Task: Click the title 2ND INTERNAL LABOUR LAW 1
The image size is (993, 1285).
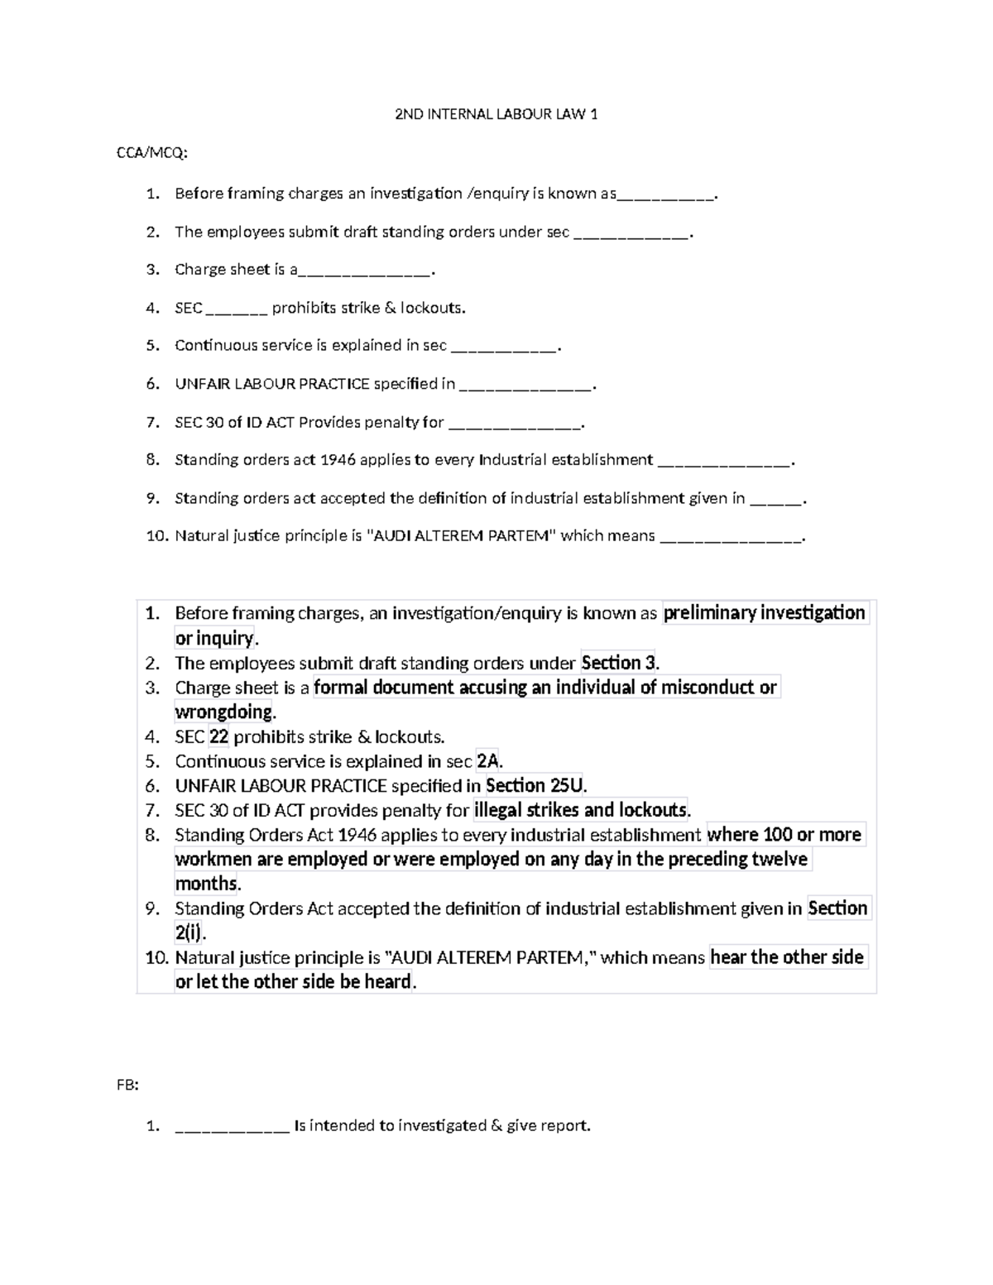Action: (496, 114)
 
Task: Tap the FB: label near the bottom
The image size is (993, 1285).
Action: (127, 1086)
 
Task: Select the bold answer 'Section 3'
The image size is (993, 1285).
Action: (618, 663)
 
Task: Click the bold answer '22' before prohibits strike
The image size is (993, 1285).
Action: (218, 736)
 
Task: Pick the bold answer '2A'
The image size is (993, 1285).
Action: (488, 761)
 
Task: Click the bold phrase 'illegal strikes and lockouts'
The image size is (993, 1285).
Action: (580, 810)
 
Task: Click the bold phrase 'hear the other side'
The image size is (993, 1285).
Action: (787, 957)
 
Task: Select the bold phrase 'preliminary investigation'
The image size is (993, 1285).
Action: (765, 613)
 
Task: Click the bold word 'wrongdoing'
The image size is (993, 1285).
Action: (223, 712)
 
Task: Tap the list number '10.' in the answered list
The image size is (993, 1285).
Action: (156, 958)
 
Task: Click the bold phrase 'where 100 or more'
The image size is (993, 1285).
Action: (784, 835)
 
